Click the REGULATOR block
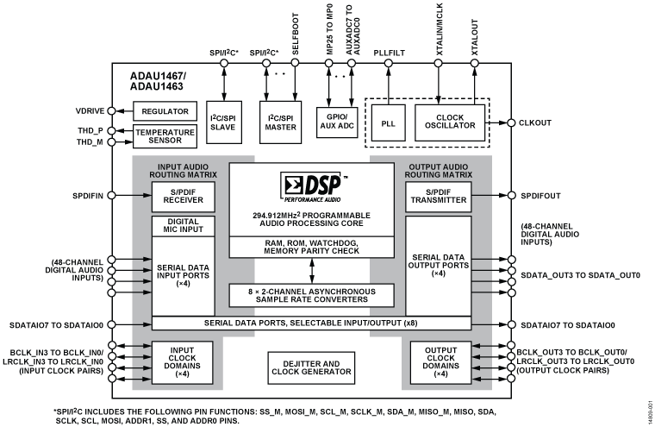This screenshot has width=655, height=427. tap(166, 111)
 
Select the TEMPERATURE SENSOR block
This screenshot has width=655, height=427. tap(166, 136)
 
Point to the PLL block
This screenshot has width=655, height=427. tap(389, 123)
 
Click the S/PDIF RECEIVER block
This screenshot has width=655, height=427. tap(183, 198)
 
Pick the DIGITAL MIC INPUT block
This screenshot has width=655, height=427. tap(183, 226)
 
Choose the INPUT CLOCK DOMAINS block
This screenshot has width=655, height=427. tap(183, 362)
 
